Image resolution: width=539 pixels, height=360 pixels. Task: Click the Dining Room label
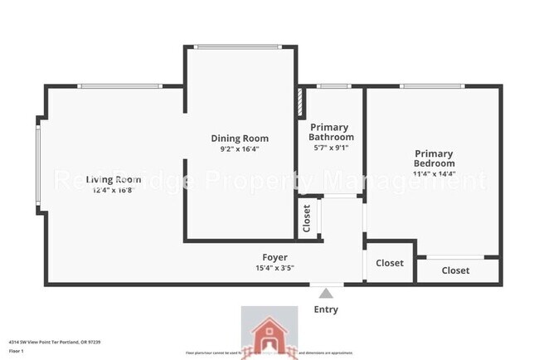point(240,139)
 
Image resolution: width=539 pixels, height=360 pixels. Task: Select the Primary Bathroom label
point(332,132)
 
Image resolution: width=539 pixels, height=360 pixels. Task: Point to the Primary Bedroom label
point(435,158)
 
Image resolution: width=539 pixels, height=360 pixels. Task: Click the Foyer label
point(275,257)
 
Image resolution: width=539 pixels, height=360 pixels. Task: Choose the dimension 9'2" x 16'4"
point(240,150)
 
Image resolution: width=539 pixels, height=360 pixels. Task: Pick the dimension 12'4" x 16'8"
point(114,190)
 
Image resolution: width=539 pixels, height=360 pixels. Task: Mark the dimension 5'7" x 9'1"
point(332,148)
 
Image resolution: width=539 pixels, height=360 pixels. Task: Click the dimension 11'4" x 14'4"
point(435,175)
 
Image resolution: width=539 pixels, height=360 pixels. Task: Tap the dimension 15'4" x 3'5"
point(275,268)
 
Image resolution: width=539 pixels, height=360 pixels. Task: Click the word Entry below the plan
point(326,309)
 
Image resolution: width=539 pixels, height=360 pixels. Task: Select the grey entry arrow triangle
point(326,293)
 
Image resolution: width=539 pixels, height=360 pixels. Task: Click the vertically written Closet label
point(307,218)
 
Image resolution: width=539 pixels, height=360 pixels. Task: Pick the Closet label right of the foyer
point(389,263)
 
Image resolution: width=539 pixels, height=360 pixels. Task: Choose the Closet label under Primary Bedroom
point(455,270)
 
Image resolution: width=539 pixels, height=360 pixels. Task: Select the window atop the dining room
point(240,47)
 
